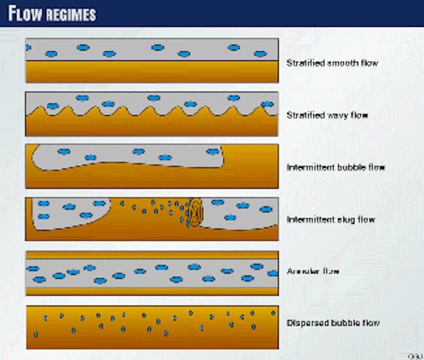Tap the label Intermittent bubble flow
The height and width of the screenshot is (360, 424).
click(x=336, y=167)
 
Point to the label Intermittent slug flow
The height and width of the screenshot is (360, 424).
click(x=331, y=219)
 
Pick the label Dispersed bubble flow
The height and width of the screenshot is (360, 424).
click(x=333, y=323)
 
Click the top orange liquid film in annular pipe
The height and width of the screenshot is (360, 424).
click(x=153, y=254)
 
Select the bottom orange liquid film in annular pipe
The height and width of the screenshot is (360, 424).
click(x=153, y=290)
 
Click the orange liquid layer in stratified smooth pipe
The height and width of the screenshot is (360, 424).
click(x=153, y=71)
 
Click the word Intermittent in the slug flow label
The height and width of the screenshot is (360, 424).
click(x=309, y=219)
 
